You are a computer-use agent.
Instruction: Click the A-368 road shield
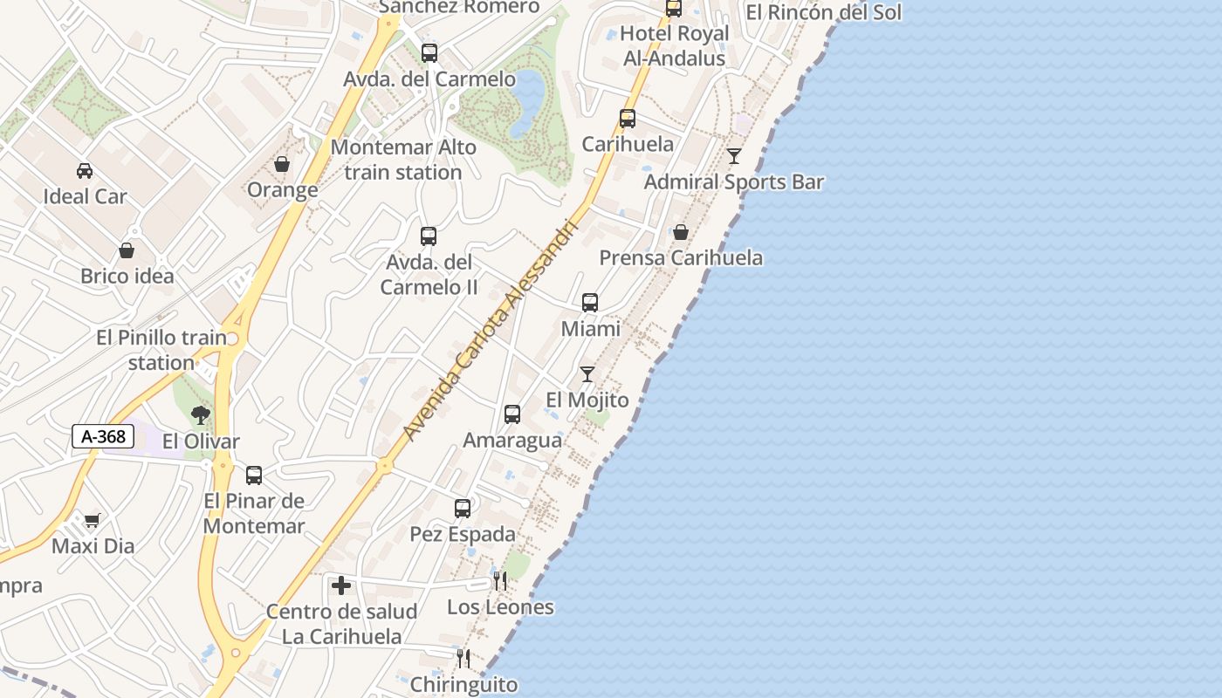point(103,436)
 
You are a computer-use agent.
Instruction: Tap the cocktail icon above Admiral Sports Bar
point(734,156)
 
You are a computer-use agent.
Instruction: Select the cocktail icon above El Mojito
point(587,374)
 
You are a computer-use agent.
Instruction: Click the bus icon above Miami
point(590,303)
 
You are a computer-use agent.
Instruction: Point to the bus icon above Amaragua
point(512,414)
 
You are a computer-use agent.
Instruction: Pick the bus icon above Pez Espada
point(463,508)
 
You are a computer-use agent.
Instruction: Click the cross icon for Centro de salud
point(341,585)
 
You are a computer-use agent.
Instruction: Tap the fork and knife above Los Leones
point(500,580)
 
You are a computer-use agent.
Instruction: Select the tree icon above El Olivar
point(201,414)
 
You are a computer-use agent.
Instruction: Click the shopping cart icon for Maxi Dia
point(92,521)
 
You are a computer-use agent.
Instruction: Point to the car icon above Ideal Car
point(85,170)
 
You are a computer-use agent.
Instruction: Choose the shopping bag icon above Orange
point(282,164)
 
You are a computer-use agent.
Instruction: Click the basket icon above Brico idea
point(127,250)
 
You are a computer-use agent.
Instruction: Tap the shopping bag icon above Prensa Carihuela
point(681,232)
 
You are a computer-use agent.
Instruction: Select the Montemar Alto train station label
point(403,160)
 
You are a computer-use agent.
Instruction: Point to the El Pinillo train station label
point(161,350)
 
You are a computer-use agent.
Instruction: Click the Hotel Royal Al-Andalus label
point(674,46)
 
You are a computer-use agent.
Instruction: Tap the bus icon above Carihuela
point(628,119)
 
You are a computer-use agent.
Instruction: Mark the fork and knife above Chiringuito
point(463,659)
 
